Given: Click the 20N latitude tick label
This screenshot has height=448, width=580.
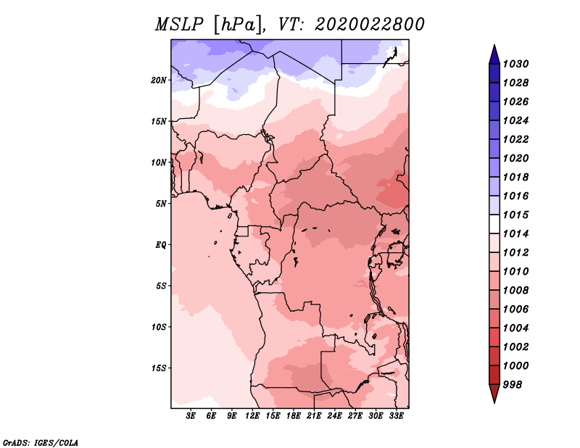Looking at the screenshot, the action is tap(159, 80).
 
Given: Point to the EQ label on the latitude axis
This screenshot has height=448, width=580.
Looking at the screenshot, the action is tap(161, 245).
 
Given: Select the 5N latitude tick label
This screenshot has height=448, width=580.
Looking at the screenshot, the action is tap(161, 204).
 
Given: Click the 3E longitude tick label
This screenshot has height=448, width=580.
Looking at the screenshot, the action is tap(190, 415).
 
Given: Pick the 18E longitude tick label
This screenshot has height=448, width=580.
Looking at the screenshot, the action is tap(294, 415).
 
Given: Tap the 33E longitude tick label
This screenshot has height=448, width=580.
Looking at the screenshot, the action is tap(396, 415).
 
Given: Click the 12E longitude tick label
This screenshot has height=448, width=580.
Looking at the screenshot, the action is tap(252, 415).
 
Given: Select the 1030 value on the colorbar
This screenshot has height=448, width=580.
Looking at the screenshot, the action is tap(515, 64).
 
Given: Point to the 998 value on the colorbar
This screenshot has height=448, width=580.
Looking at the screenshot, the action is tap(513, 385).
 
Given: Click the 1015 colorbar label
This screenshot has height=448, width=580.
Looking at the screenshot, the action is tap(515, 215).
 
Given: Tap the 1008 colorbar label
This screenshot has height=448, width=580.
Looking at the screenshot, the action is tap(515, 291).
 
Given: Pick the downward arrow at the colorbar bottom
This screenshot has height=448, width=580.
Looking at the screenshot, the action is tap(494, 393).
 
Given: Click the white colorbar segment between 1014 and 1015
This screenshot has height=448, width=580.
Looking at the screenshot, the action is tap(494, 224).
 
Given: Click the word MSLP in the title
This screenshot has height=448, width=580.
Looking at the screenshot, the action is tap(179, 25).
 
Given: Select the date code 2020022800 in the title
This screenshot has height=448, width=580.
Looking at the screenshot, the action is tap(370, 25).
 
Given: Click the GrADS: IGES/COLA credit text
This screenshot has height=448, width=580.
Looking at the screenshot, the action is tap(41, 442).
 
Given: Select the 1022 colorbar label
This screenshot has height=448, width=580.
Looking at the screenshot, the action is tap(515, 139).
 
